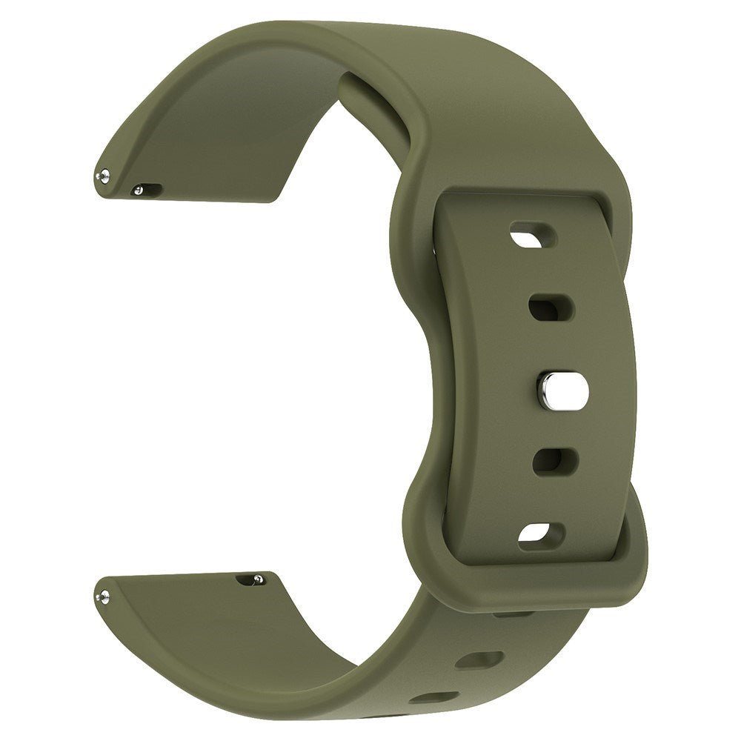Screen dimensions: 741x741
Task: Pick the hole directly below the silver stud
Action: tap(551, 461)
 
